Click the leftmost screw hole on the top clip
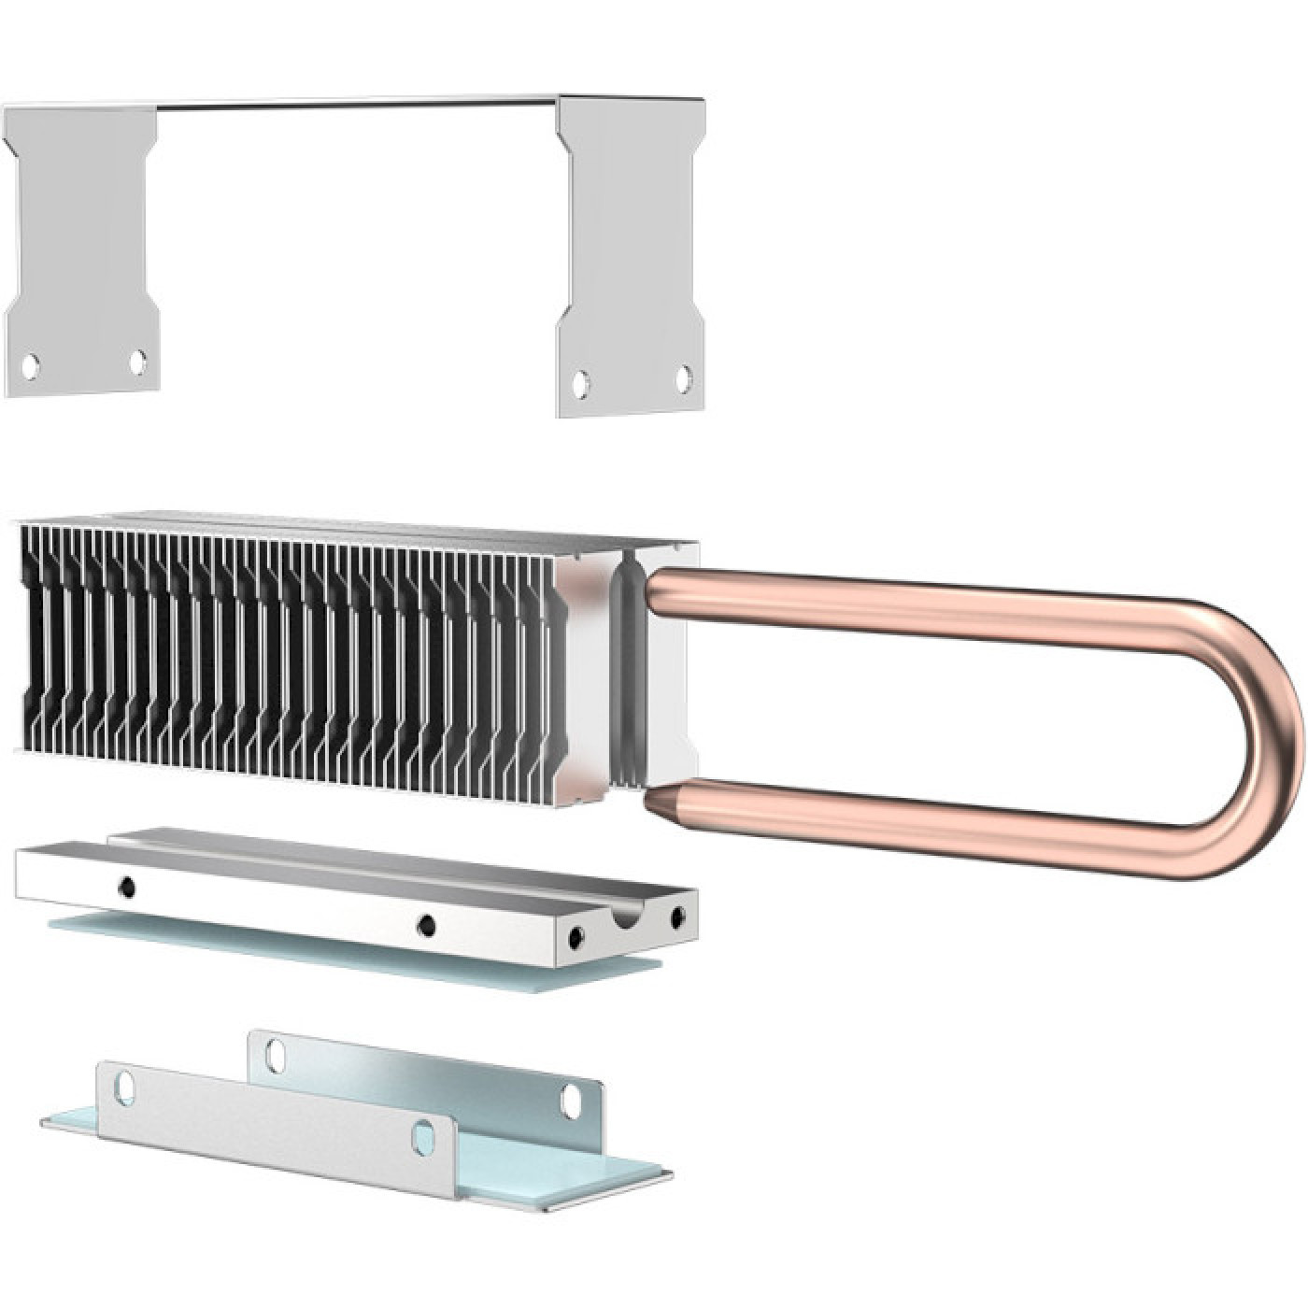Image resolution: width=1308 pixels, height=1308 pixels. (x=30, y=366)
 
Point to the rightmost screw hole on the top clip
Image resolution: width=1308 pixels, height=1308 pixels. (x=684, y=378)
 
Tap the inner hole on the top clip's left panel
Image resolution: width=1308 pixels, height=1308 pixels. (x=137, y=361)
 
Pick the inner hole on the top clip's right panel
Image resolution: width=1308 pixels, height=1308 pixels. (x=581, y=383)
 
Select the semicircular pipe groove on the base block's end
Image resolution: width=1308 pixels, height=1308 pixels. (x=624, y=919)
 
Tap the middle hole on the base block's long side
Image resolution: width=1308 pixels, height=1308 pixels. (x=427, y=925)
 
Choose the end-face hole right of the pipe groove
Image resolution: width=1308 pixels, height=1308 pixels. (x=676, y=920)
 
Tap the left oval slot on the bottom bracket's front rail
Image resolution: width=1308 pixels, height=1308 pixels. (x=124, y=1086)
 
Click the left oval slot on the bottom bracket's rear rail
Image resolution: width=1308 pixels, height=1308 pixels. (x=275, y=1054)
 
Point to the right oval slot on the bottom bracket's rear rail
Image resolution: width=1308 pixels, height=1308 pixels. (x=570, y=1102)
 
